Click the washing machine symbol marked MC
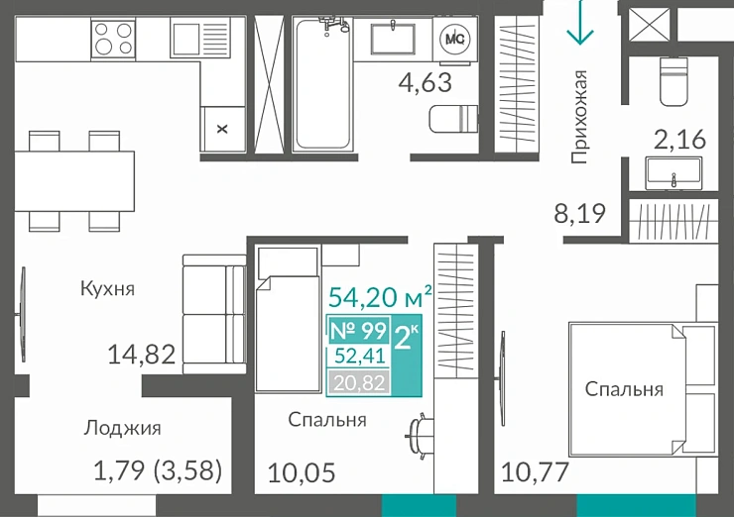(455, 39)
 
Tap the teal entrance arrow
(579, 24)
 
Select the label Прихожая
(580, 116)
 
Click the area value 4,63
(425, 82)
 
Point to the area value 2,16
(678, 139)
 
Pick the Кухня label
(107, 289)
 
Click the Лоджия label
(122, 428)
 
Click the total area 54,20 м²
(380, 296)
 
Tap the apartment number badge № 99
(357, 331)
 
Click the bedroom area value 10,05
(302, 472)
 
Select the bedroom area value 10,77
(536, 472)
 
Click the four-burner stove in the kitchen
(113, 39)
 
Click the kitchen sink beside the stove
(185, 39)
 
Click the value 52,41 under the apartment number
(357, 357)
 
